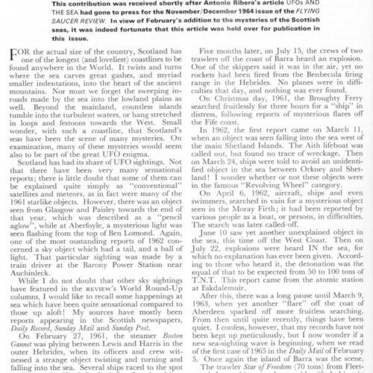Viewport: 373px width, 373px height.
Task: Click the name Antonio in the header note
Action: point(237,4)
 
